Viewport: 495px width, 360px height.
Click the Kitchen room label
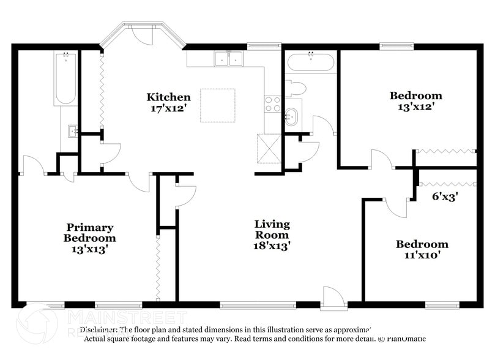tap(168, 97)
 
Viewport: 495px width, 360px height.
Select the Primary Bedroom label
tap(91, 232)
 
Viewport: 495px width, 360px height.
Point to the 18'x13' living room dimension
tap(272, 246)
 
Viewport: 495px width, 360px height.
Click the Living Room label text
tap(272, 230)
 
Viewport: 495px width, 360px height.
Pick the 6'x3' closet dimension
tap(445, 197)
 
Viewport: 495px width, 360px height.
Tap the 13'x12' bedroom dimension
tap(416, 107)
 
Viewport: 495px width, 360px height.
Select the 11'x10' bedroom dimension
tap(422, 255)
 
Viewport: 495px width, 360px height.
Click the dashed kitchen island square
tap(218, 105)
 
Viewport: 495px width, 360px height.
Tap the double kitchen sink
tap(229, 59)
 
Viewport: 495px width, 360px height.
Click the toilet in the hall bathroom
tap(296, 89)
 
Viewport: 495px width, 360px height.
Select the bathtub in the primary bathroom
tap(65, 78)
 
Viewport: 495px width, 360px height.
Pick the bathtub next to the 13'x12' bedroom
tap(311, 62)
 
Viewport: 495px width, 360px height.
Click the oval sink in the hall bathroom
tap(292, 116)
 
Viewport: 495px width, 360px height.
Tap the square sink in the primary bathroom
tap(73, 130)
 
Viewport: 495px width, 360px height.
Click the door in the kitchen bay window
tap(143, 36)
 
